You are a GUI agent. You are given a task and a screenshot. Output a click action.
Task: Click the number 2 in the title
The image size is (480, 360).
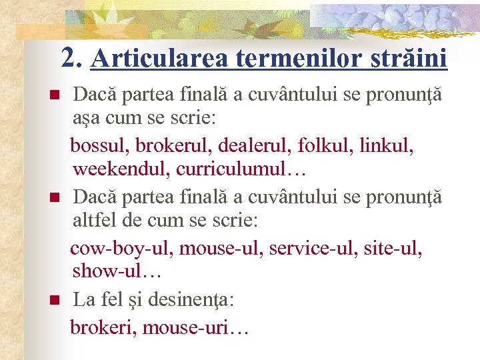pos(68,58)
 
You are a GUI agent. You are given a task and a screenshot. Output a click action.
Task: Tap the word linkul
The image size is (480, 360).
pos(387,145)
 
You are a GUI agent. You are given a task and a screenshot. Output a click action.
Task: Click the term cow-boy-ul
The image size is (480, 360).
pos(121,249)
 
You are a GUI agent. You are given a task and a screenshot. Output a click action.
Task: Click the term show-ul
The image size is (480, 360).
pos(117,273)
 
